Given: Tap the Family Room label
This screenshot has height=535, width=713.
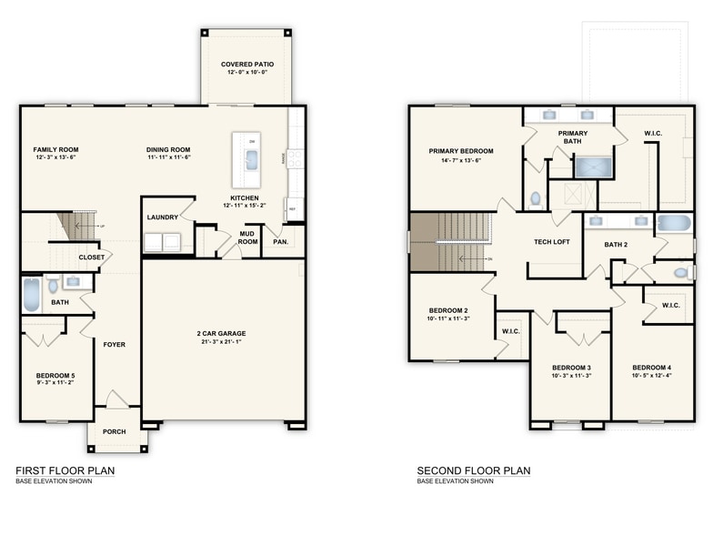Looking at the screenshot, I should click(55, 149).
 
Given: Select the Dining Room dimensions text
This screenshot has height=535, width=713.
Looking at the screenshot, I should click(168, 157).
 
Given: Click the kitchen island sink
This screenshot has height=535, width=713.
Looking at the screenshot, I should click(251, 161).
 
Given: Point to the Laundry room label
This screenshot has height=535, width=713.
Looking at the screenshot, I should click(162, 217).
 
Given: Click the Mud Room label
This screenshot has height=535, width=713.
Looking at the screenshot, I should click(247, 237).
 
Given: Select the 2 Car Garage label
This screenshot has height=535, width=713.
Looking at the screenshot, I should click(221, 334).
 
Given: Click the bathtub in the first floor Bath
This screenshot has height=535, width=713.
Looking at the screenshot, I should click(31, 295).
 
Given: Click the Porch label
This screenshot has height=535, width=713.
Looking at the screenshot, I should click(115, 431).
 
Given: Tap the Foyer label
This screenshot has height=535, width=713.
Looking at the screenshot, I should click(115, 345).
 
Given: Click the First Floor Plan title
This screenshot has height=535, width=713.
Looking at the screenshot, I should click(65, 470).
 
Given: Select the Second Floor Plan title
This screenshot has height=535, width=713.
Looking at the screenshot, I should click(473, 470).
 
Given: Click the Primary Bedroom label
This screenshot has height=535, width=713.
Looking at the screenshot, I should click(461, 151).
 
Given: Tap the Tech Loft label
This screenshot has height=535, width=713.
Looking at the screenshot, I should click(551, 242).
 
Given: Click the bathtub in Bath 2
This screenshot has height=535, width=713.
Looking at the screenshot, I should click(674, 222).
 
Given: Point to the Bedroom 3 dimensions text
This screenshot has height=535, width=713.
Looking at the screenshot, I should click(571, 375).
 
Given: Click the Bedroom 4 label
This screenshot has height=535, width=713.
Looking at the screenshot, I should click(651, 368).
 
